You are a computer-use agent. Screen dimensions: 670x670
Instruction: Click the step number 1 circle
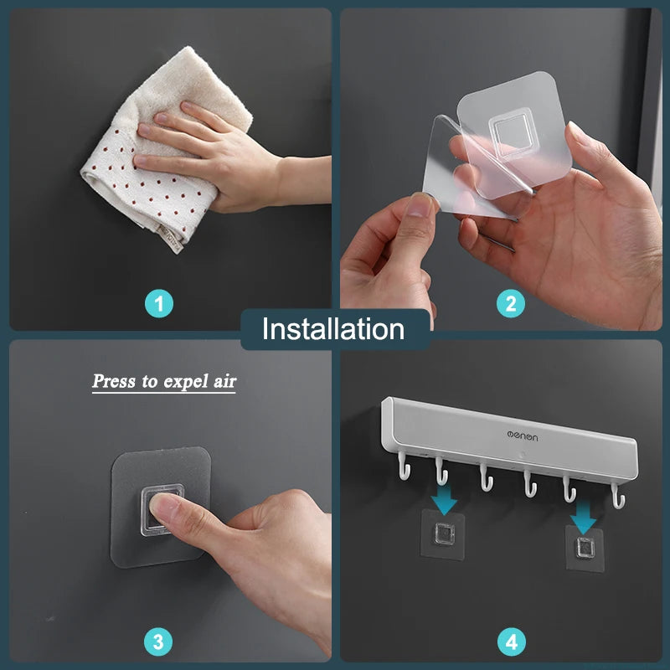159,304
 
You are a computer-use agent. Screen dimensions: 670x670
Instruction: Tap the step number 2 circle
511,304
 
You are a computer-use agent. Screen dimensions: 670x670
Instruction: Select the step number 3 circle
158,642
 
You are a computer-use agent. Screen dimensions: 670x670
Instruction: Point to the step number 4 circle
512,642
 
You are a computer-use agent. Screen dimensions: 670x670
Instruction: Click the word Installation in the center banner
333,329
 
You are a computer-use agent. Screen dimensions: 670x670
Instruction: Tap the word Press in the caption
114,381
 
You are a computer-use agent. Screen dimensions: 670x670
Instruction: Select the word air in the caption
224,381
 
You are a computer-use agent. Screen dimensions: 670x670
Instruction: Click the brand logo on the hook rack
522,435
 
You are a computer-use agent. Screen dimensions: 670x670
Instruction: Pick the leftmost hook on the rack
404,466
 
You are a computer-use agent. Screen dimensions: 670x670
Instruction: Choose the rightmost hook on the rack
618,496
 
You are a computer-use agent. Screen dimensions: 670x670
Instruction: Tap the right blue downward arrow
583,518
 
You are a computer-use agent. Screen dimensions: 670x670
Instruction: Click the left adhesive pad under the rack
443,534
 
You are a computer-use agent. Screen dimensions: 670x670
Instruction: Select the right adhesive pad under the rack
585,549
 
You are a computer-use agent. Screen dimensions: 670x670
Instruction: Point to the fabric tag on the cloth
172,238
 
